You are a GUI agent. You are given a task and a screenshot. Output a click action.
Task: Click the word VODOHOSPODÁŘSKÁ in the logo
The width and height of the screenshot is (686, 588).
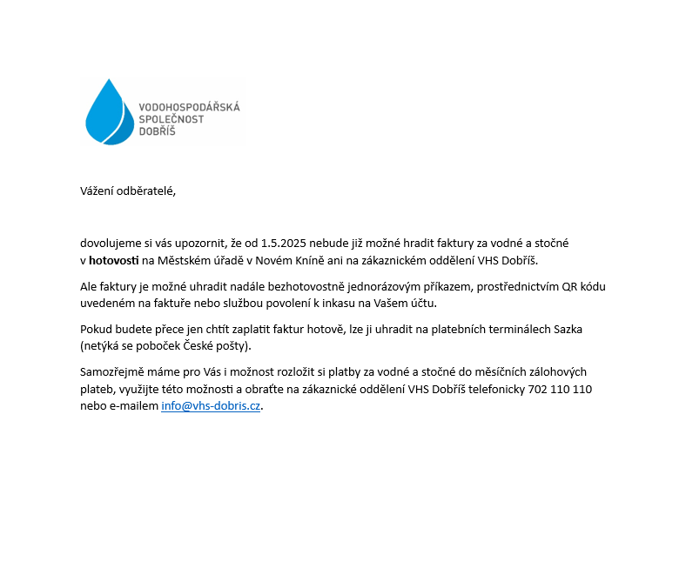click(189, 107)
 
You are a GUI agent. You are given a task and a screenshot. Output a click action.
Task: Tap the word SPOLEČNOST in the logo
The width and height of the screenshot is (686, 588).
click(171, 119)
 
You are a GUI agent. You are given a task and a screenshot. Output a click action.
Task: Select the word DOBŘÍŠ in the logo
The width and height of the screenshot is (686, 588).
click(158, 131)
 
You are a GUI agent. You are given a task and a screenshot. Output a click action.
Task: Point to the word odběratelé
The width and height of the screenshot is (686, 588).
click(149, 191)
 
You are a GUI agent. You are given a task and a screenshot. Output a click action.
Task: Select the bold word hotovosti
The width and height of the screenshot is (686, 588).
click(113, 260)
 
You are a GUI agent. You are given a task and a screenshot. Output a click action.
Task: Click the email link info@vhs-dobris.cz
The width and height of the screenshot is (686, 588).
click(211, 406)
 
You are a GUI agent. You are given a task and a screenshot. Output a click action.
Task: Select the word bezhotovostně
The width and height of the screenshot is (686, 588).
click(297, 286)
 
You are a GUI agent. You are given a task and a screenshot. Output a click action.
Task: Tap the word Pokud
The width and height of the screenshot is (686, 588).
click(96, 330)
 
